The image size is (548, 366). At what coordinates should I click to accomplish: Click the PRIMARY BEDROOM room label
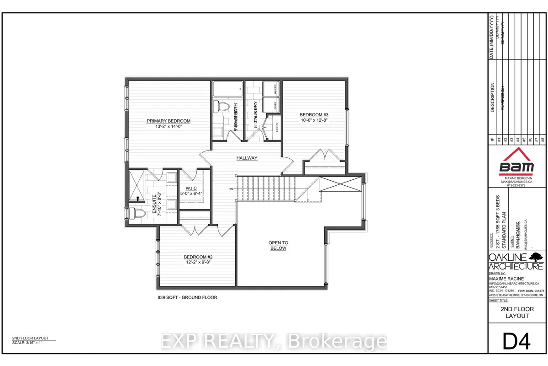click(x=168, y=121)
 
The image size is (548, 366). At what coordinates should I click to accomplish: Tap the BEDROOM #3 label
click(x=314, y=114)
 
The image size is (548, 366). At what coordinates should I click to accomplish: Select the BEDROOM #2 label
click(x=196, y=257)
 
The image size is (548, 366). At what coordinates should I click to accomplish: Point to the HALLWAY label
click(x=247, y=158)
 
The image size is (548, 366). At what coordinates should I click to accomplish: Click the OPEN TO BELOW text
click(x=278, y=246)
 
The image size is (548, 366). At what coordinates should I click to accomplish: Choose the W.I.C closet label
click(x=190, y=188)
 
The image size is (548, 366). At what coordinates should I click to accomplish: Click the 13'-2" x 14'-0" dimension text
click(x=168, y=127)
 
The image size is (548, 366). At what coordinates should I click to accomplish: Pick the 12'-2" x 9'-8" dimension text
click(x=196, y=263)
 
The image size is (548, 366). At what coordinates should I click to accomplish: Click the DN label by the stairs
click(x=231, y=189)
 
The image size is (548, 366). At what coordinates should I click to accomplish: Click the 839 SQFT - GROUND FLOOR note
click(x=184, y=297)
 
